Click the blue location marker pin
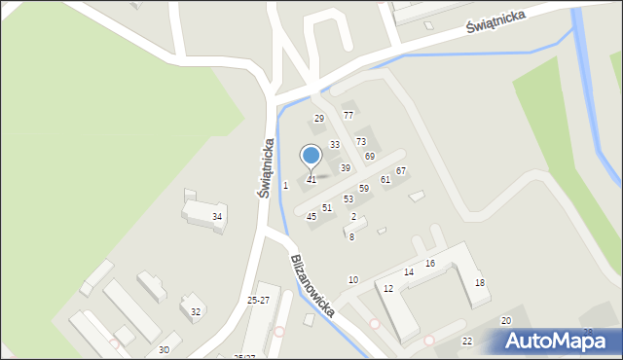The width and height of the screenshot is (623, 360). point(311,156)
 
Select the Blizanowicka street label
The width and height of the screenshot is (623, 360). point(312,286)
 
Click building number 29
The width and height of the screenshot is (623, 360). point(318,119)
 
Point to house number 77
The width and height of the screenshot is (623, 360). point(348,115)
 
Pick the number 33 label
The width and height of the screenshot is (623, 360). point(334,145)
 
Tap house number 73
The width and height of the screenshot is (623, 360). point(360,142)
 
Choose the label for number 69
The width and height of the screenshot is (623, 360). point(370,157)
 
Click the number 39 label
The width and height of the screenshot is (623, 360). point(345,168)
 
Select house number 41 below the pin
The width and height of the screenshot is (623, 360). point(311,180)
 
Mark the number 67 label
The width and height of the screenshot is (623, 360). point(400,171)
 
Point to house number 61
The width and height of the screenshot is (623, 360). point(385,180)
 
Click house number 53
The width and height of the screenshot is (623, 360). point(348,199)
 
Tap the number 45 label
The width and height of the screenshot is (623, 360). point(311,217)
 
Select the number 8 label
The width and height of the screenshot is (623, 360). point(351,237)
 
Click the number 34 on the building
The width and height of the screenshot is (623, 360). point(217,217)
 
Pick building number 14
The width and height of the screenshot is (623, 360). point(409,272)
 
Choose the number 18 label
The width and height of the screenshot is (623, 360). point(479,282)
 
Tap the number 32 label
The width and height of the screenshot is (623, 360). point(196,312)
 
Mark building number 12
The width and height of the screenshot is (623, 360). point(388,289)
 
